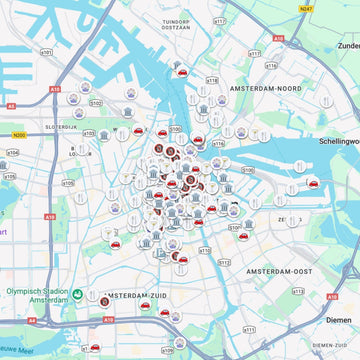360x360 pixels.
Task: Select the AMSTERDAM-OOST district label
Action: [x=253, y=271]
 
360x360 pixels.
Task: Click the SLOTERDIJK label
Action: [x=61, y=127]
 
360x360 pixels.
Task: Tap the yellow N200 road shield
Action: [x=19, y=132]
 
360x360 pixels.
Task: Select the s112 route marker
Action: [x=224, y=263]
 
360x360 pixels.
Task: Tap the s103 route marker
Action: [x=88, y=133]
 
